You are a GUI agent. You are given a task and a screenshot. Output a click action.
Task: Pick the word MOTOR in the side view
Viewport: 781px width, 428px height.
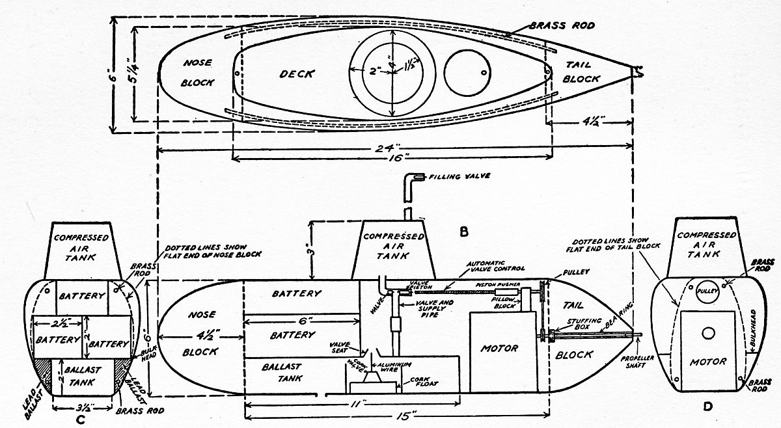[x=499, y=348]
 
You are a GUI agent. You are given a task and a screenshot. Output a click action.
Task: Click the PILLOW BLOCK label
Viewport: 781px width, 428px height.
[x=505, y=306]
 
